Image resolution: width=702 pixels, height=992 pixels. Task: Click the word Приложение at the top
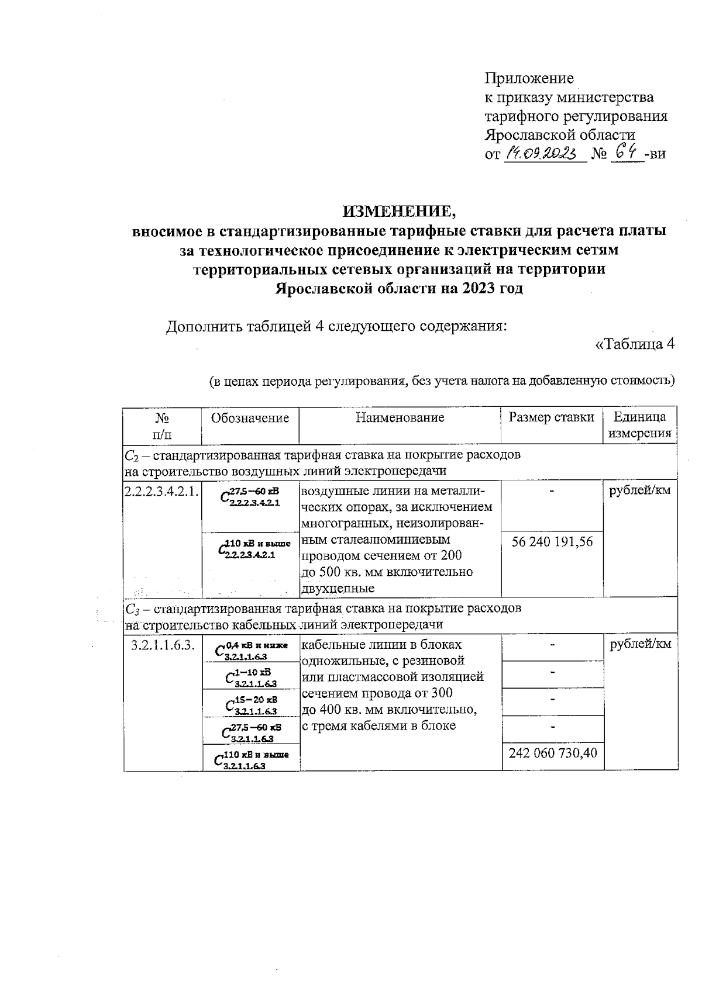coord(529,78)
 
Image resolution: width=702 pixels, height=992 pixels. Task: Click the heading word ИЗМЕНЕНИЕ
coord(399,211)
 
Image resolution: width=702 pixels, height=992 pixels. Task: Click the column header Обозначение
coord(250,417)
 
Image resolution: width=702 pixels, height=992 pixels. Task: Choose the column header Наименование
coord(400,417)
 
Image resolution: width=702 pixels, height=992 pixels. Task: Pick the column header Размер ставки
coord(552,417)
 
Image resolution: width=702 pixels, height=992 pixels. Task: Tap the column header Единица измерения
coord(639,425)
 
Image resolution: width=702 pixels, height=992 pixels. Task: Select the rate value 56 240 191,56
coord(552,542)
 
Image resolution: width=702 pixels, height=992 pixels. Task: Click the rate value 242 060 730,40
coord(553,752)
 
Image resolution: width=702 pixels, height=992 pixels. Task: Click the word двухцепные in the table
coord(338,588)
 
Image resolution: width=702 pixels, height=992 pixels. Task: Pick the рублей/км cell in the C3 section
coord(640,644)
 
